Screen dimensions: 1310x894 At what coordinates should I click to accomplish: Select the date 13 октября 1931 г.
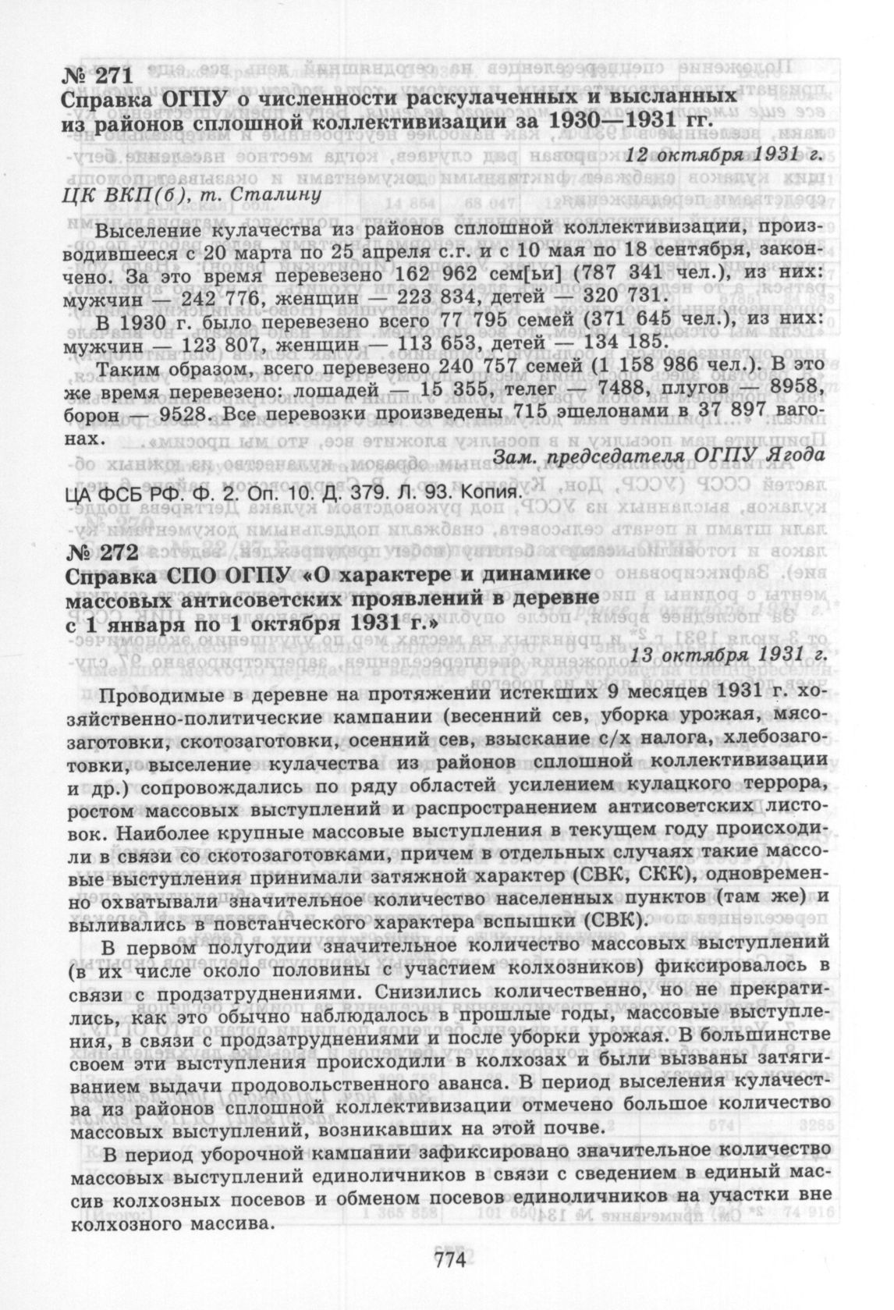click(728, 654)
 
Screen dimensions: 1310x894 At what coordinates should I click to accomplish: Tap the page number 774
click(447, 1261)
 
